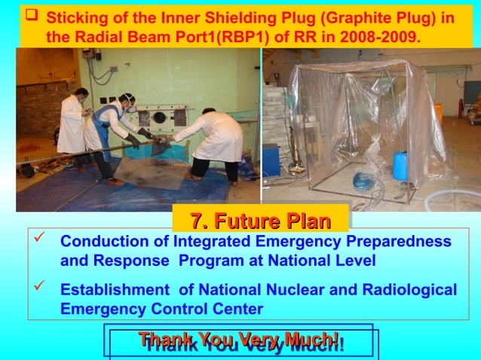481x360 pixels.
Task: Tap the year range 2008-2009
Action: tap(376, 35)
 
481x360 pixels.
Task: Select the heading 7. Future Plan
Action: tap(260, 221)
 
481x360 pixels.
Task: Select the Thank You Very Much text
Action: tap(240, 340)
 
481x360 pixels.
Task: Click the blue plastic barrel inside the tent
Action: tap(400, 166)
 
